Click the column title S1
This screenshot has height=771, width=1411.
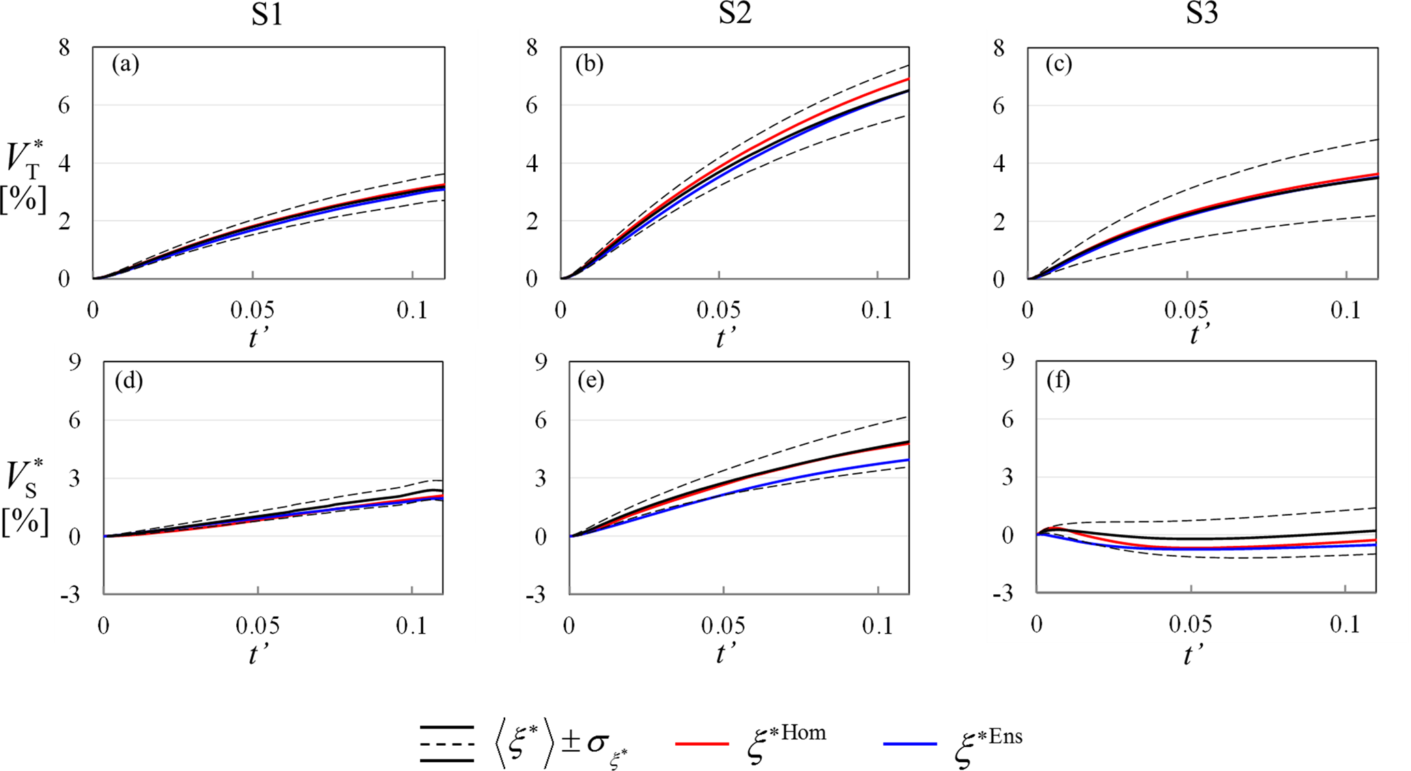(x=266, y=14)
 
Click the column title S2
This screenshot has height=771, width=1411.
(x=735, y=14)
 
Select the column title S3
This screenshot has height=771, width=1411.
(x=1201, y=14)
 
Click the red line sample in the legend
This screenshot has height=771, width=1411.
(x=702, y=743)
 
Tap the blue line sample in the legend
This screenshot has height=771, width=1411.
(x=910, y=743)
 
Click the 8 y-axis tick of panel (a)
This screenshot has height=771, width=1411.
(x=64, y=48)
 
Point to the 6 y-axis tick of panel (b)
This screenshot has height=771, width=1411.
(x=532, y=105)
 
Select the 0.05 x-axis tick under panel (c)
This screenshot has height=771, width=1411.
(x=1186, y=310)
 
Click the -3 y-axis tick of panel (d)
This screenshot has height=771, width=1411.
(x=70, y=595)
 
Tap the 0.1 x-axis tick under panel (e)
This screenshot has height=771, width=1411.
(x=877, y=626)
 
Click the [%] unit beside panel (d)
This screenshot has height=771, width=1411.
(x=25, y=522)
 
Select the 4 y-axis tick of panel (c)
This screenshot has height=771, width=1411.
(x=999, y=163)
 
